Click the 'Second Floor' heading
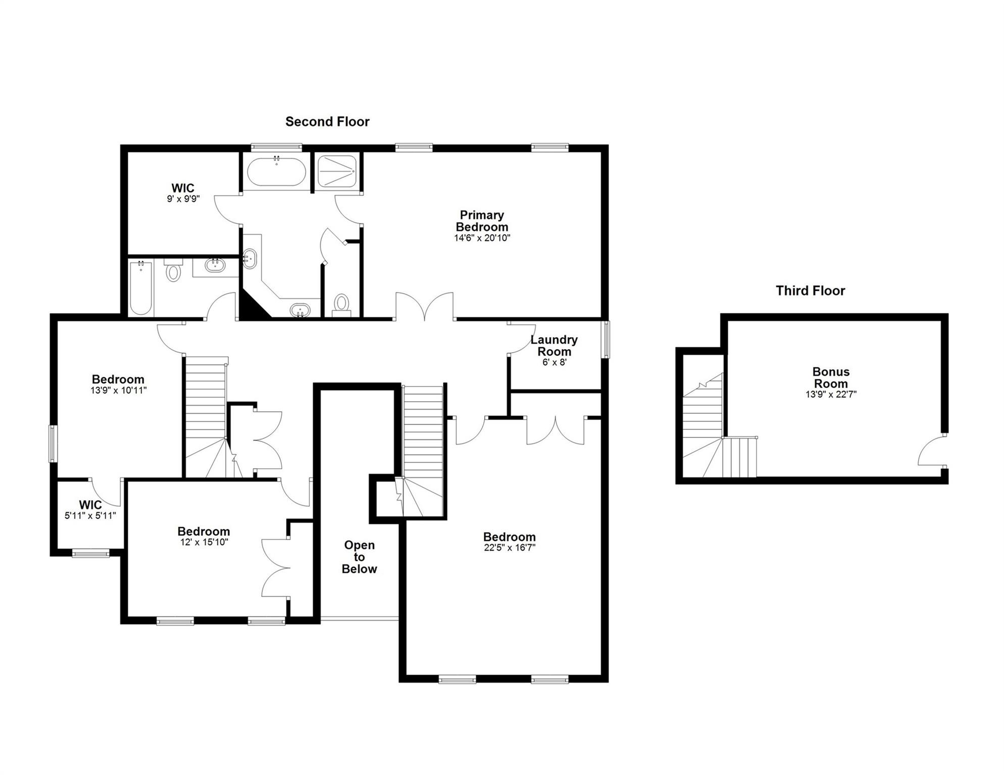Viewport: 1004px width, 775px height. (x=327, y=122)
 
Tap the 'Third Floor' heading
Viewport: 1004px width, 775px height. (x=810, y=291)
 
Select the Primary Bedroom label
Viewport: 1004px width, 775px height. (x=482, y=221)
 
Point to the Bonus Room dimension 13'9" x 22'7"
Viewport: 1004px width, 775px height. (x=831, y=395)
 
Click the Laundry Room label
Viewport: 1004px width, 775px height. (x=554, y=346)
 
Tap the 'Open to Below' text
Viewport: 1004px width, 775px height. (x=359, y=557)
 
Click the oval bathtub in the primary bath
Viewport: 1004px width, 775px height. (x=276, y=172)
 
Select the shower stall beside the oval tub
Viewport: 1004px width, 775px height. (x=337, y=171)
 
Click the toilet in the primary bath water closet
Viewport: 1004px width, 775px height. (x=342, y=304)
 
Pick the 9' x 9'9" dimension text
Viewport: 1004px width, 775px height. (x=183, y=199)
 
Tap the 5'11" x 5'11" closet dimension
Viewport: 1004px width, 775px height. (x=90, y=516)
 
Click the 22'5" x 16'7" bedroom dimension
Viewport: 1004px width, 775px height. (x=509, y=547)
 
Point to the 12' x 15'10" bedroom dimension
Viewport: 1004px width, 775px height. (x=204, y=542)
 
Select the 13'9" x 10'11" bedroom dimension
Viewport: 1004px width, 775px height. (x=118, y=390)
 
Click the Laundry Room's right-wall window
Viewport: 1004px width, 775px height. (x=605, y=339)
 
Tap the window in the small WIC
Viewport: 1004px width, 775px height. (x=91, y=553)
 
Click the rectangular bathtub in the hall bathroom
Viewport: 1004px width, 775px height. (x=141, y=288)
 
